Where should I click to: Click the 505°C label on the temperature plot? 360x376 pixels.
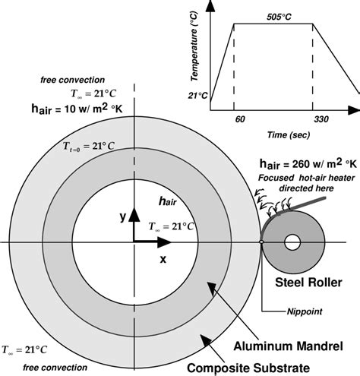[275, 15]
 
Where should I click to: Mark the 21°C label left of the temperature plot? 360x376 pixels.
[199, 94]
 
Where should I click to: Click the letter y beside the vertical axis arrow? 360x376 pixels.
[122, 216]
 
